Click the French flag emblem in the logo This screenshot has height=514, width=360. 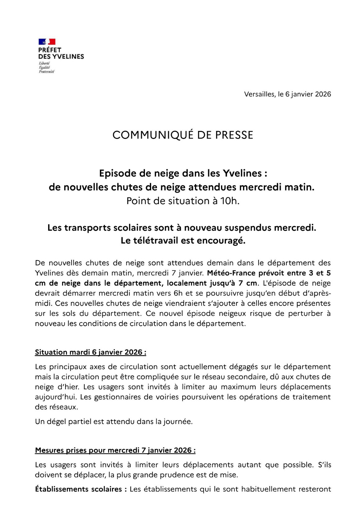click(x=47, y=42)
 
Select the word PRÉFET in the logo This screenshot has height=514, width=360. click(x=50, y=50)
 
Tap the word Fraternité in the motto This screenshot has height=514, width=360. click(x=47, y=72)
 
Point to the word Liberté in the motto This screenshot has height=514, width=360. click(x=44, y=63)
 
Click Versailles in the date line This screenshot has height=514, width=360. click(x=259, y=94)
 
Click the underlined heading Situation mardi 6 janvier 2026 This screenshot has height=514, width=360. click(x=90, y=352)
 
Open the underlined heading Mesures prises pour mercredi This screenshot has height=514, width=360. click(x=115, y=450)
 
